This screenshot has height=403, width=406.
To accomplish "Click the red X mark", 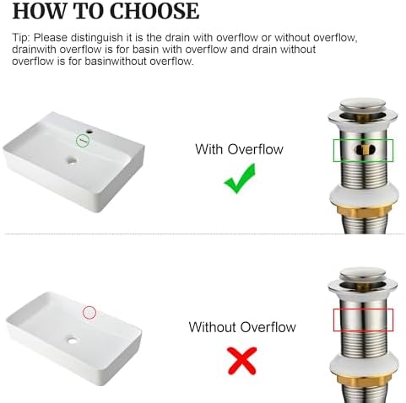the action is pyautogui.click(x=242, y=361).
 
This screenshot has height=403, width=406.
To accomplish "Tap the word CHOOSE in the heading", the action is pyautogui.click(x=154, y=11).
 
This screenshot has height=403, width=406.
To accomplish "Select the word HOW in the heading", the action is pyautogui.click(x=40, y=11).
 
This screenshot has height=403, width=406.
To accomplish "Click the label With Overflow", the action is pyautogui.click(x=239, y=149).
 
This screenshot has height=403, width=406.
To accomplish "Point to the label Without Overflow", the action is pyautogui.click(x=242, y=327).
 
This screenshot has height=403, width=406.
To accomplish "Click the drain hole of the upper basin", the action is pyautogui.click(x=72, y=161).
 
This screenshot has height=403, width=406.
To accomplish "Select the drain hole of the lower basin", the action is pyautogui.click(x=73, y=341).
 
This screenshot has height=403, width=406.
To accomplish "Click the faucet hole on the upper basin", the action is pyautogui.click(x=90, y=132).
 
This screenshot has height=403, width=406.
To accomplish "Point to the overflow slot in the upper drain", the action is pyautogui.click(x=365, y=149).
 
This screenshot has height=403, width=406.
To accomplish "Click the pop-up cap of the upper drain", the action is pyautogui.click(x=363, y=104).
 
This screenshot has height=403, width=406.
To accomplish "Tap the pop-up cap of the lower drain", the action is pyautogui.click(x=363, y=274).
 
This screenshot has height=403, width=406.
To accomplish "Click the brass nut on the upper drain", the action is pyautogui.click(x=364, y=211).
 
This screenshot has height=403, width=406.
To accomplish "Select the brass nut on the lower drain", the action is pyautogui.click(x=364, y=381).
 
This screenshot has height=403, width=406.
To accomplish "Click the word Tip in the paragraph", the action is pyautogui.click(x=19, y=38).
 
